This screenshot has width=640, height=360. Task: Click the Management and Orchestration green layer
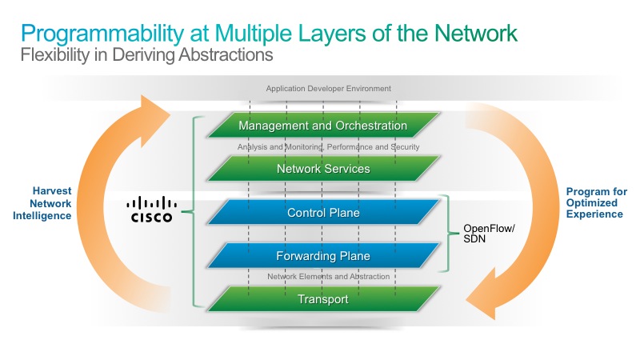coord(323,125)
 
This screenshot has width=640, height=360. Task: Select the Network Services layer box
coord(323,169)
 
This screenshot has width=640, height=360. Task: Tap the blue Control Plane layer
coord(323,212)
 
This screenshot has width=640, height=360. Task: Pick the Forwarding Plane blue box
coord(323,256)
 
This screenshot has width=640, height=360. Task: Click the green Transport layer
coord(323,299)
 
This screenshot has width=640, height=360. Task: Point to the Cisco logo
coord(151,209)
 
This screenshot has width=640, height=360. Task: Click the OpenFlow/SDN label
coord(489,234)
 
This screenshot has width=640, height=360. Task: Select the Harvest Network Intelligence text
coord(42,203)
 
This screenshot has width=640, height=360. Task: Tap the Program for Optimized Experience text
coord(596,203)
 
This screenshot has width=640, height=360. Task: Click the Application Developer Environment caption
coord(329,89)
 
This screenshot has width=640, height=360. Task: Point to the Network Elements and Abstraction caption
coord(329,277)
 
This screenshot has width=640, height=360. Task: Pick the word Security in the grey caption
coord(405,147)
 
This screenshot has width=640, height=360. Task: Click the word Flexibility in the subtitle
coord(54,55)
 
